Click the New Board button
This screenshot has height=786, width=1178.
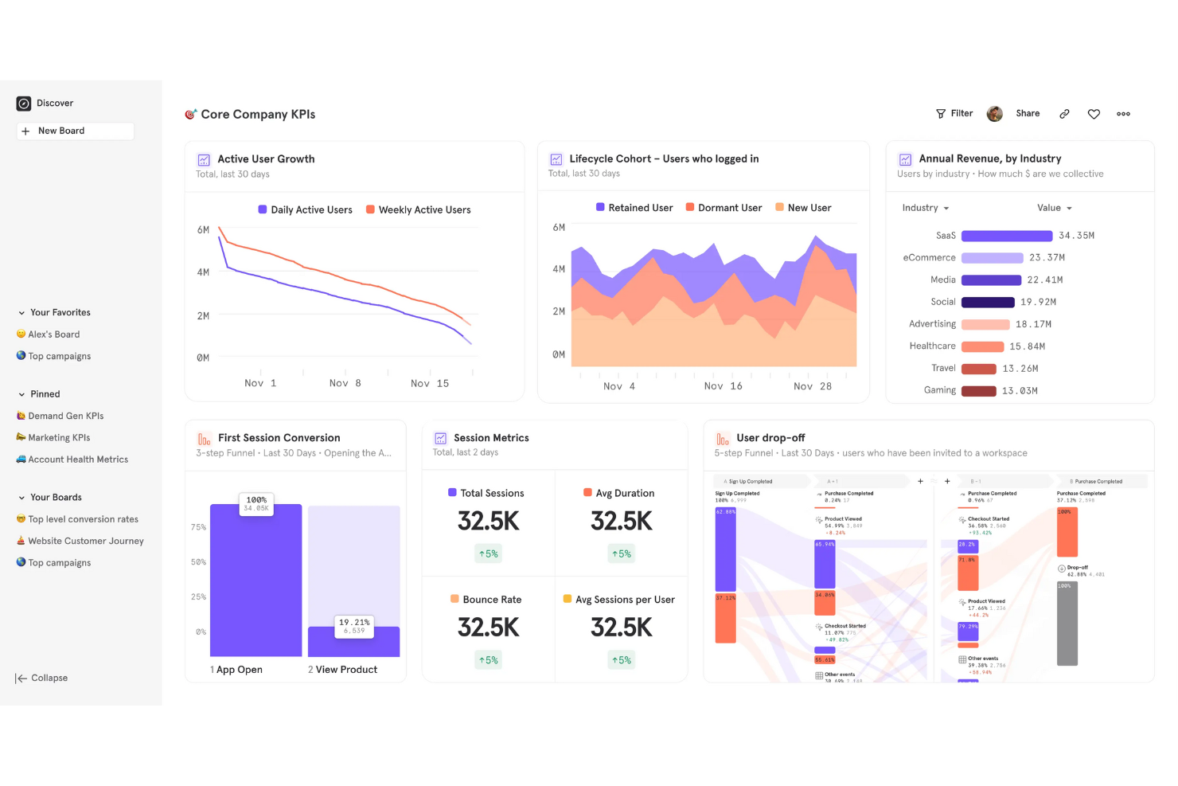75,131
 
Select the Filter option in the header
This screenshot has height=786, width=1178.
954,114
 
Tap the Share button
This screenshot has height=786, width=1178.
1028,114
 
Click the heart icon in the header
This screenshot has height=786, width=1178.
1094,114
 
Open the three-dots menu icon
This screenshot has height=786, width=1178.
1123,114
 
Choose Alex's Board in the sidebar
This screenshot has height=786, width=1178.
53,334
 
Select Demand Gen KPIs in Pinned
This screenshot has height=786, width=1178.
65,416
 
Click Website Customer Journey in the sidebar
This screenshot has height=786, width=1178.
85,541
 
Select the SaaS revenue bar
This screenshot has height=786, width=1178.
1006,236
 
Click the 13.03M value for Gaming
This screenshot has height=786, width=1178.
1020,391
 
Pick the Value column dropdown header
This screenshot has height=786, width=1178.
1054,208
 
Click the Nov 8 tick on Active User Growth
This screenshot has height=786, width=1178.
345,383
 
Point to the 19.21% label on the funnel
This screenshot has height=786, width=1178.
354,623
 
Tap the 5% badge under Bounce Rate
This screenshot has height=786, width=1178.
488,660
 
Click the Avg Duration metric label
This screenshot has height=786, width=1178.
625,494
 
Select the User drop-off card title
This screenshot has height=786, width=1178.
770,438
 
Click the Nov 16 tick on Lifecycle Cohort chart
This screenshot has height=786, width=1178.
723,386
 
